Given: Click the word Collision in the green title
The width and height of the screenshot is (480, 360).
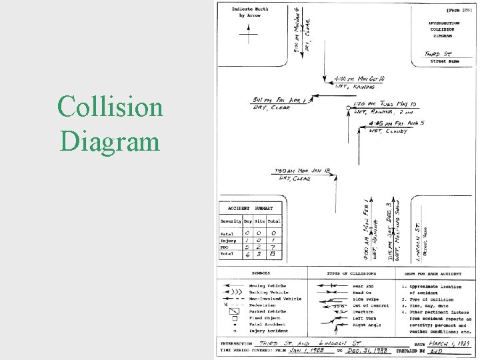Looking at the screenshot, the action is tap(110, 107).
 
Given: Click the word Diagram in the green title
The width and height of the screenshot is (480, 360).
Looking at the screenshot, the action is tap(110, 141).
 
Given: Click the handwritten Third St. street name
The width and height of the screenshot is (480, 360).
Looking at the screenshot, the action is tap(439, 53).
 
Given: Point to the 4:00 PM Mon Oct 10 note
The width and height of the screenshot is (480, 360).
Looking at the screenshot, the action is tap(354, 78).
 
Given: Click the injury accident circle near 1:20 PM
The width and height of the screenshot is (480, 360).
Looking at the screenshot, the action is tap(349, 107).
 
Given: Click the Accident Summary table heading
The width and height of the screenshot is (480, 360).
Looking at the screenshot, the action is tap(250, 209).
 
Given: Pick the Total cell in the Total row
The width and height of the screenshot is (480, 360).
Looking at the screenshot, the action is tap(275, 254).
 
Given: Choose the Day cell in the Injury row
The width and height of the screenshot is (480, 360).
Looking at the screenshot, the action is tap(249, 240).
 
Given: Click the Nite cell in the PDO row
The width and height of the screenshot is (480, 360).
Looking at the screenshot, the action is tap(261, 247).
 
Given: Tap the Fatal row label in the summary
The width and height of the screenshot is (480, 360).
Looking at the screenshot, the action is tap(227, 234).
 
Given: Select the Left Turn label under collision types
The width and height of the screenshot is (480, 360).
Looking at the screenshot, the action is tap(364, 317).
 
